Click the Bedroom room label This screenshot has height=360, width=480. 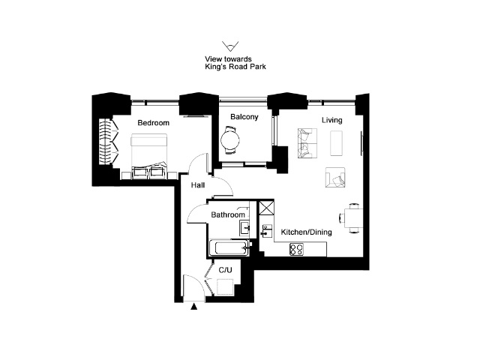[153, 123]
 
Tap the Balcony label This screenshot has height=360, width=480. [244, 117]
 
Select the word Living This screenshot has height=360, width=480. [331, 120]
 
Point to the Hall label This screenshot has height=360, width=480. [198, 185]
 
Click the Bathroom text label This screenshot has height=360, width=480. [228, 215]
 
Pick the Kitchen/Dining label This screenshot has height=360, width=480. [307, 232]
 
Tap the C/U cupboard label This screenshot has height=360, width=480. [225, 270]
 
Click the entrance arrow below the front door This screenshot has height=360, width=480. [193, 307]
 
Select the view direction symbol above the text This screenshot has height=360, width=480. [230, 46]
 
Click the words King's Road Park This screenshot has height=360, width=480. [235, 67]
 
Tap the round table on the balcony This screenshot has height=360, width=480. [230, 140]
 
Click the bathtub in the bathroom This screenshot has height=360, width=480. [229, 247]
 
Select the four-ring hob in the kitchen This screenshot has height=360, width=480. [297, 249]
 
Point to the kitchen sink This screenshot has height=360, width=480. [267, 231]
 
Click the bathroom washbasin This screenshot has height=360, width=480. [245, 228]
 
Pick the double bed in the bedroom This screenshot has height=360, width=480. [149, 156]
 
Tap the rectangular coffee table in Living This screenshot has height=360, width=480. [336, 143]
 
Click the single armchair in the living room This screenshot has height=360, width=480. [335, 177]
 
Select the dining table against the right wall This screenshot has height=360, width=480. [353, 218]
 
